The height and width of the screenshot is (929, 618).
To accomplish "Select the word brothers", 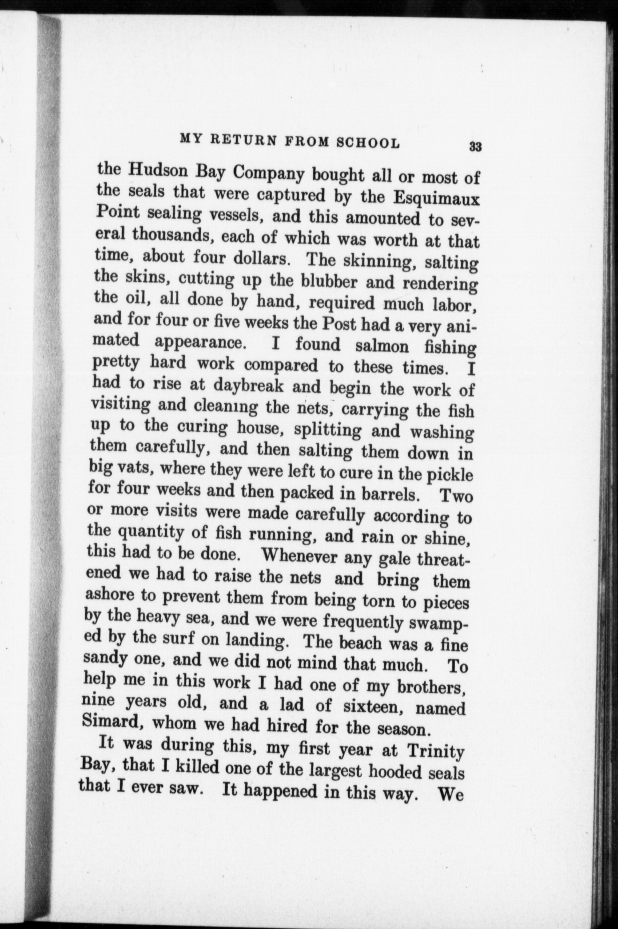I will point(431,687).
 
